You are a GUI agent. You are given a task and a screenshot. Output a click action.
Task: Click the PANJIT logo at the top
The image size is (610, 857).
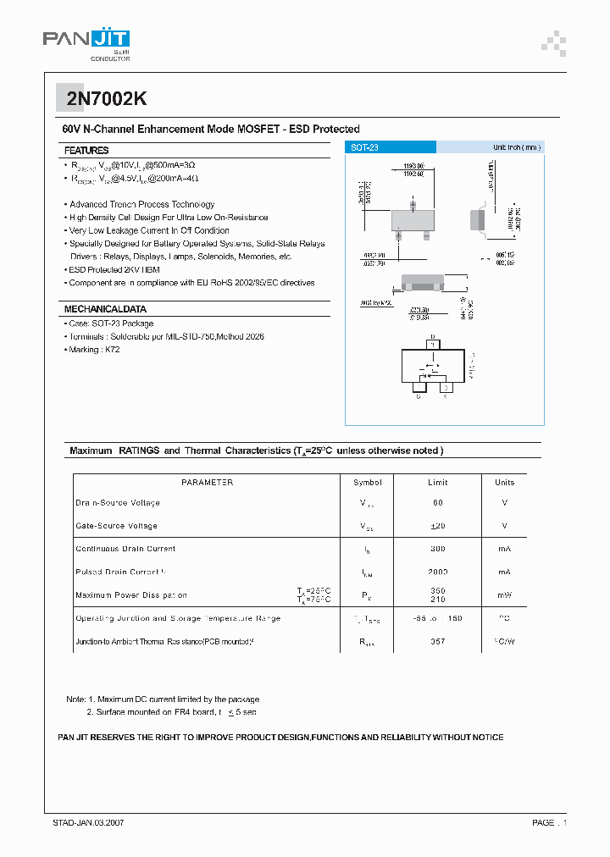(x=86, y=41)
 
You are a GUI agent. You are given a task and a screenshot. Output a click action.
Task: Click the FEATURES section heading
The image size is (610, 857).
(x=86, y=150)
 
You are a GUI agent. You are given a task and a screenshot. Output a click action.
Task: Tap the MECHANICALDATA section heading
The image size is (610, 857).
(x=105, y=309)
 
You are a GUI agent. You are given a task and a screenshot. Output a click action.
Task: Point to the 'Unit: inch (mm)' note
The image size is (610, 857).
(x=516, y=147)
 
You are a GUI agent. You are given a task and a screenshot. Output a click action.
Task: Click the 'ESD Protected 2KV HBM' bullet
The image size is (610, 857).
(x=114, y=269)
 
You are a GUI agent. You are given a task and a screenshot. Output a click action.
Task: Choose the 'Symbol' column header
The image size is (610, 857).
(x=368, y=483)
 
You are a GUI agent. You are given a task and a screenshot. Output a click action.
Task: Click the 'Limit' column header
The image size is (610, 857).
(x=438, y=483)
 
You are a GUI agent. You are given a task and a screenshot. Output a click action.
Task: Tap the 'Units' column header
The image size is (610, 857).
(x=504, y=483)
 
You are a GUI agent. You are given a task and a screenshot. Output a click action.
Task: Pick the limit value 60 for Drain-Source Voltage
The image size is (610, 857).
(x=438, y=503)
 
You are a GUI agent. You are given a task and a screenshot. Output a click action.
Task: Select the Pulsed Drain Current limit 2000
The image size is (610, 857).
(x=438, y=572)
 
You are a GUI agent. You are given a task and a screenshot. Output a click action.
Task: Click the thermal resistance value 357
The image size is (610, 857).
(x=438, y=642)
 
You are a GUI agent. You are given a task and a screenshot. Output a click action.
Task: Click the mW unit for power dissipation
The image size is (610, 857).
(x=504, y=595)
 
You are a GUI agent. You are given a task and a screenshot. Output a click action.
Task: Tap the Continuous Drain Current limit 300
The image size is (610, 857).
(x=438, y=549)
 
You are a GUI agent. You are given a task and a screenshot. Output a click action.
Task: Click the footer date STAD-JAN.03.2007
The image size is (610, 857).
(x=88, y=822)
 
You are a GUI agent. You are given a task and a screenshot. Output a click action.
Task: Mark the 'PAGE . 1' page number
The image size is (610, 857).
(x=549, y=822)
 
